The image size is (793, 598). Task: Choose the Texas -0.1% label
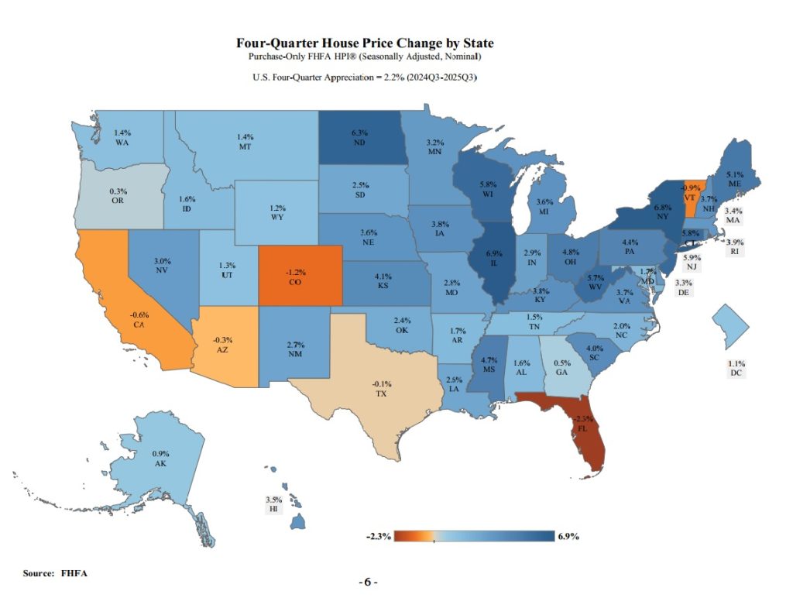tap(381, 389)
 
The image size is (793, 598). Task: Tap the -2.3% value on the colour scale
tap(378, 536)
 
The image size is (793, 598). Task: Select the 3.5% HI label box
tap(273, 505)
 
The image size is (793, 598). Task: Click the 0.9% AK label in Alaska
tap(161, 457)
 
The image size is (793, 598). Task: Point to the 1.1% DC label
tap(736, 368)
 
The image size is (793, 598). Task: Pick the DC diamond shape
tap(730, 323)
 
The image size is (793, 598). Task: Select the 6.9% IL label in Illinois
tap(493, 258)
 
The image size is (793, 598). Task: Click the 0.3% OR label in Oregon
tap(118, 195)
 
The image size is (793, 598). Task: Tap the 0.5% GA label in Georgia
tap(559, 366)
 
